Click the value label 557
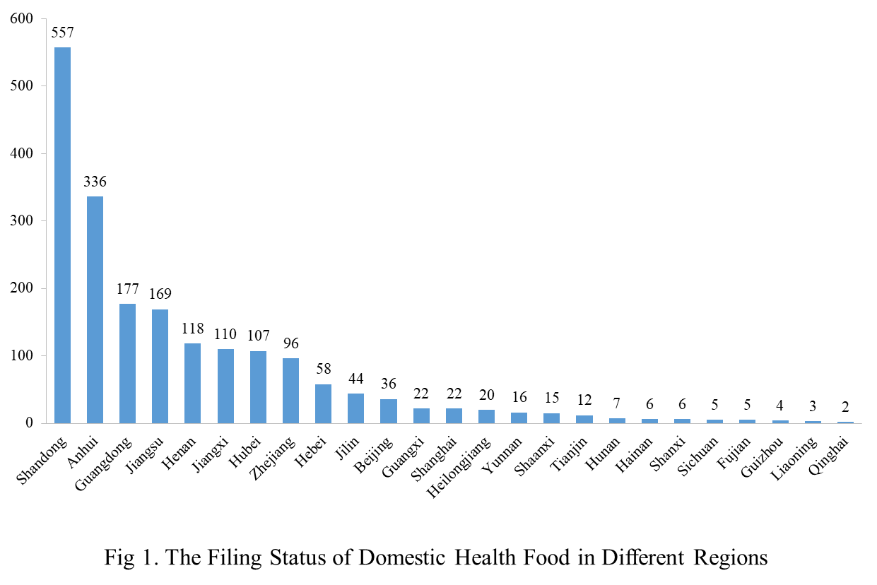pyautogui.click(x=62, y=32)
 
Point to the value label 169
pyautogui.click(x=160, y=294)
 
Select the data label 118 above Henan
pyautogui.click(x=192, y=329)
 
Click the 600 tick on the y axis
pyautogui.click(x=22, y=19)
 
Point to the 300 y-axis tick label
pyautogui.click(x=22, y=221)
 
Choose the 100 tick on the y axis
pyautogui.click(x=22, y=356)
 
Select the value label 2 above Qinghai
pyautogui.click(x=845, y=408)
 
